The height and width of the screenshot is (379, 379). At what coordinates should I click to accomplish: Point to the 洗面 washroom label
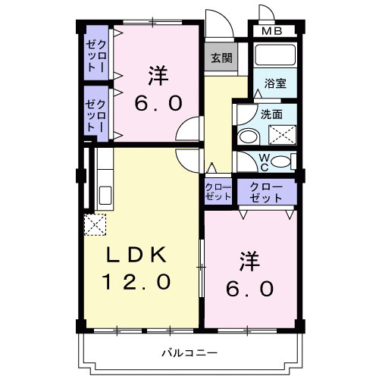tap(272, 114)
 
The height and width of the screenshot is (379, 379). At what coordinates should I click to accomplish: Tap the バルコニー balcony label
tap(189, 352)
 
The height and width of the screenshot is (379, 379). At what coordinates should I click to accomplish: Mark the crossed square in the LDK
tap(97, 225)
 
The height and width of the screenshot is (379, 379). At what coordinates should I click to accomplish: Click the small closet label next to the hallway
tap(218, 191)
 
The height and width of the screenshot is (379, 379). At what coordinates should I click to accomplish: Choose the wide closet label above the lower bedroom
tap(265, 191)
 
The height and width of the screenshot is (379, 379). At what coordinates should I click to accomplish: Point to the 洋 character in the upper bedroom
tap(158, 76)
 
